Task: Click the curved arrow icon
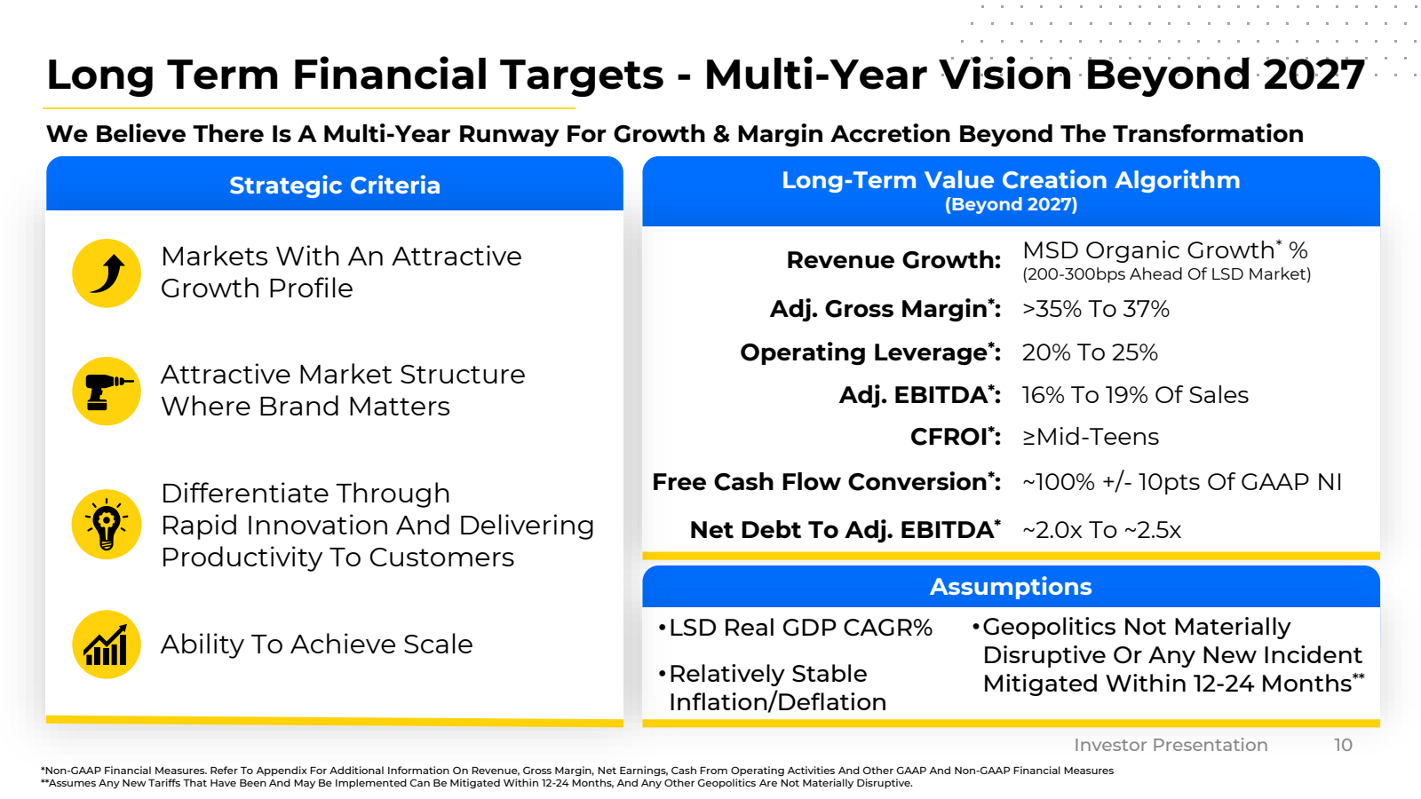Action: (x=107, y=273)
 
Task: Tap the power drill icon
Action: (x=107, y=392)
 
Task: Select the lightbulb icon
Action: (x=107, y=524)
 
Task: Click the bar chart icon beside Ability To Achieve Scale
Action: (x=107, y=645)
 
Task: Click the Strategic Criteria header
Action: (x=335, y=186)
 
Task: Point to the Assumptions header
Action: (x=1011, y=587)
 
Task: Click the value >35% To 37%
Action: (x=1096, y=309)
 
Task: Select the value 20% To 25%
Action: (x=1090, y=352)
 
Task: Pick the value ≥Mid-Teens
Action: (x=1091, y=437)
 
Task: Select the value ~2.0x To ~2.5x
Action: (x=1101, y=530)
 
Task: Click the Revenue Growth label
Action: (x=893, y=260)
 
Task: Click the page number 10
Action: (x=1343, y=745)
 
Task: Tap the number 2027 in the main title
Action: (x=1314, y=75)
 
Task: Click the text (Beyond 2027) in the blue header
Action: (x=1011, y=205)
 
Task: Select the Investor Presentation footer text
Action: (x=1171, y=745)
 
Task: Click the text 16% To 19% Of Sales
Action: (x=1135, y=395)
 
